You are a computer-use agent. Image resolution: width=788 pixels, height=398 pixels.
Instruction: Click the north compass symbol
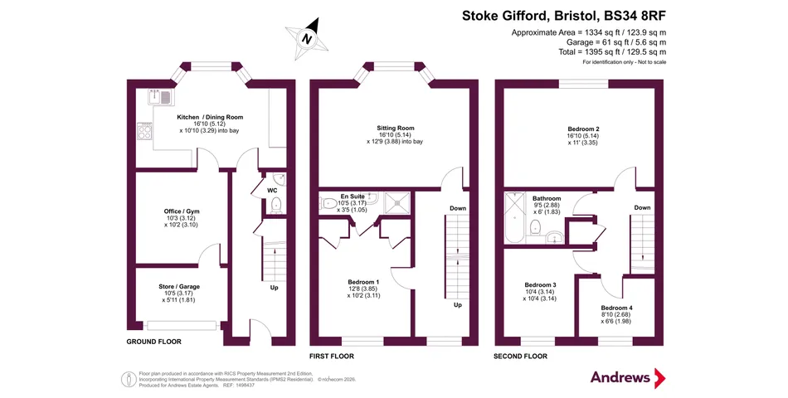coord(307,37)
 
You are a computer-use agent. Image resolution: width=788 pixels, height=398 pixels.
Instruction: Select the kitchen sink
coord(160,95)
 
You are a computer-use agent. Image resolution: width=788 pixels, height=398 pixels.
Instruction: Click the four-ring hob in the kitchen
coord(144,132)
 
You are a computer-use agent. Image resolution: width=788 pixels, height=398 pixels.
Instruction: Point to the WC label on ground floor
coord(272,191)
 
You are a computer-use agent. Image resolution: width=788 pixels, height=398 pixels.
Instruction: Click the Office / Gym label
coord(182,211)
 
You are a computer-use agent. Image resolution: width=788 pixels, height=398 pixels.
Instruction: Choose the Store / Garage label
coord(179,287)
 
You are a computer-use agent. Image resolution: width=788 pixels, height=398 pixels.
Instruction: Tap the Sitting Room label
coord(396,129)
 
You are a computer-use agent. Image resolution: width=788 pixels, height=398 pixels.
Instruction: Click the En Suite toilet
coord(328,203)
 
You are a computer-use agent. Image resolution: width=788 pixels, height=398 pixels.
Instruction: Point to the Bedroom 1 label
coord(363,283)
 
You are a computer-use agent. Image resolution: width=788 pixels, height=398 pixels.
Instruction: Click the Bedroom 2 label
coord(583,129)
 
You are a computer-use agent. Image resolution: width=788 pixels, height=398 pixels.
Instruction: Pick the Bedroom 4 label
coord(616,308)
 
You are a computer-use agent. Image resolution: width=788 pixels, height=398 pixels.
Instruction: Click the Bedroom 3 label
coord(540,285)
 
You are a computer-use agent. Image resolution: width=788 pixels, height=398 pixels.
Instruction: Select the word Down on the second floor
coord(642,207)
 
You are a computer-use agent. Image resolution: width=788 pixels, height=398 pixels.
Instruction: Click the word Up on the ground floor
coord(275,288)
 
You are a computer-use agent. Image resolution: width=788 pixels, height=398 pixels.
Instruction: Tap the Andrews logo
coord(628,377)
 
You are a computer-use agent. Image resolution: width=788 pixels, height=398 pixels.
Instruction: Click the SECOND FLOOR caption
coord(520,357)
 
